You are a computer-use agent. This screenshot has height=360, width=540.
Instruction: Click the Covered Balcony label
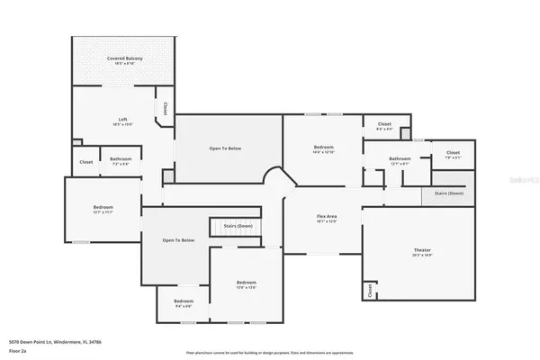(125, 61)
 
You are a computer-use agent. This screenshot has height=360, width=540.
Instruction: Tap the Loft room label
(123, 121)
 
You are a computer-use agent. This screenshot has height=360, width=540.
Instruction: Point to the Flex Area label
(327, 218)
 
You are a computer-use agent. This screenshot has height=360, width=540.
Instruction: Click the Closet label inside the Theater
(369, 291)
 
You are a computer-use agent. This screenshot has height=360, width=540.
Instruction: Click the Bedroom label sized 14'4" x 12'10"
(324, 148)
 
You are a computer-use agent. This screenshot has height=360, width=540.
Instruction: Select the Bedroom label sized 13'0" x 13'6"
(247, 285)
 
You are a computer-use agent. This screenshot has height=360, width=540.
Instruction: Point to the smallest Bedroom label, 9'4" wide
(184, 302)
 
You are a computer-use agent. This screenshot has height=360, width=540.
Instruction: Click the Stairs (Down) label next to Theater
(448, 193)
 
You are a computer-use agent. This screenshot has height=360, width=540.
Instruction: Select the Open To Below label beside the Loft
(226, 148)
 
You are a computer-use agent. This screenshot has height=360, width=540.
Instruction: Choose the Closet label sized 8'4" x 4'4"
(384, 126)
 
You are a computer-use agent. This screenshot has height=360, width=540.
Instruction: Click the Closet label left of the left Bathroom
(86, 162)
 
